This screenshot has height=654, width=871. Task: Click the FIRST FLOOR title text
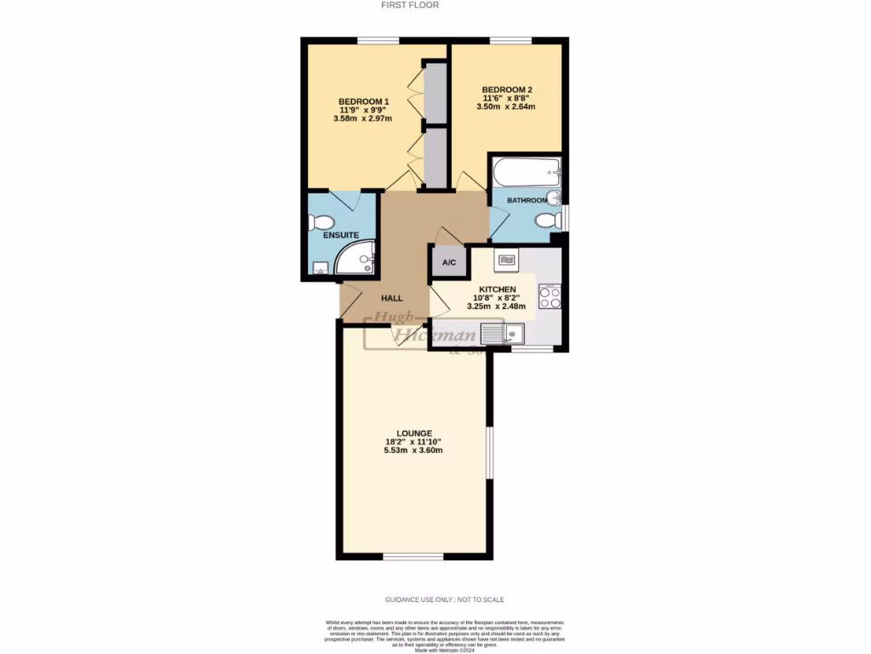pos(411,5)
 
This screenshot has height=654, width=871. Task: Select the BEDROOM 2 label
pos(507,89)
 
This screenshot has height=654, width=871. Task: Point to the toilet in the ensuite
pos(322,223)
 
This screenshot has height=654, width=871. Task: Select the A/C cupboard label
pos(449,262)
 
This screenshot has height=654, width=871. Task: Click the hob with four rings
pos(549,295)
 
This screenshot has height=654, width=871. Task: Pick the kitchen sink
pos(503,334)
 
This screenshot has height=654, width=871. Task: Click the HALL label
pos(391,298)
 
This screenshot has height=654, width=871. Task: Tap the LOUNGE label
pos(413,433)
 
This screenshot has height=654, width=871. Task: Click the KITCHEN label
pos(498,290)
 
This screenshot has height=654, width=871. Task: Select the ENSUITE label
pos(340,235)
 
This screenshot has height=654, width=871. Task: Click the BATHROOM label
pos(527,200)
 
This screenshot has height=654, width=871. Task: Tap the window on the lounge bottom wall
pos(413,556)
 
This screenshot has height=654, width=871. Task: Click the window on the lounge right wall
pos(489,451)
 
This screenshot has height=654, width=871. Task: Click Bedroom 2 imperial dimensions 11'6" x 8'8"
pos(507,99)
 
